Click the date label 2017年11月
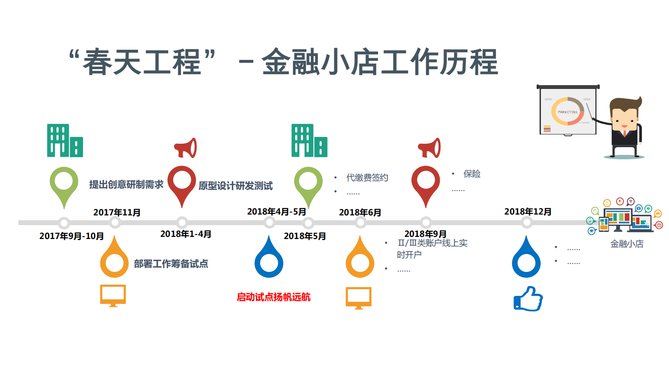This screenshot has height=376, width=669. [x=117, y=212]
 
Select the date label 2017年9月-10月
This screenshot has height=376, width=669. [x=72, y=236]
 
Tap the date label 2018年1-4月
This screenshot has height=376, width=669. [x=186, y=234]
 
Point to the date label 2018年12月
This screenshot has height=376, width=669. [x=528, y=212]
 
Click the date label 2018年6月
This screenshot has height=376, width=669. [x=360, y=212]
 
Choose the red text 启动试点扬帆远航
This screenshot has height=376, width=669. [x=274, y=297]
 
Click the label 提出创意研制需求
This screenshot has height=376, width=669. [x=126, y=185]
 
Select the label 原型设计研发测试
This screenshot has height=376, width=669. [x=236, y=186]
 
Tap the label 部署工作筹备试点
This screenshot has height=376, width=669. [x=171, y=264]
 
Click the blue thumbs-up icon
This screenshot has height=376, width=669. [x=528, y=299]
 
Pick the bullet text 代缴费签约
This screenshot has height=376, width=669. [x=367, y=177]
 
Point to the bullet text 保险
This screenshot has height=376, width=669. [x=472, y=174]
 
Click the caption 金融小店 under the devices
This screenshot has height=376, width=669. [x=627, y=244]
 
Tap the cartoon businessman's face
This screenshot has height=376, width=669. [x=625, y=120]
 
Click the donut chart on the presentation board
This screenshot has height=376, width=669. [x=567, y=111]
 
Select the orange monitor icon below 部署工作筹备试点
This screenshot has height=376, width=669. [x=113, y=295]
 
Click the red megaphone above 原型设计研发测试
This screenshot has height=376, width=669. [x=186, y=148]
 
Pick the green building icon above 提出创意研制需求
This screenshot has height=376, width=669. [x=64, y=141]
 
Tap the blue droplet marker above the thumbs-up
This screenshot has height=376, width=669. [x=526, y=259]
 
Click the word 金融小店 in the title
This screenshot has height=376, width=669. [x=321, y=62]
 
